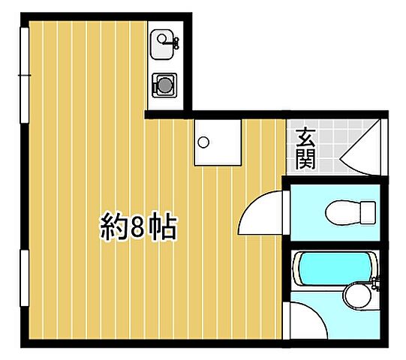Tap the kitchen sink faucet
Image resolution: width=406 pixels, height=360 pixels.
pyautogui.click(x=174, y=42)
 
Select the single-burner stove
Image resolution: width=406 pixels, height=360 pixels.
pyautogui.click(x=164, y=85)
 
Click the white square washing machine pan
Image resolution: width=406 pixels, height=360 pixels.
pyautogui.click(x=218, y=142)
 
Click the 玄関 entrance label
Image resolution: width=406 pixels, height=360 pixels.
pyautogui.click(x=305, y=148)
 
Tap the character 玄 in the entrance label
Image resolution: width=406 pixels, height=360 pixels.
pyautogui.click(x=305, y=138)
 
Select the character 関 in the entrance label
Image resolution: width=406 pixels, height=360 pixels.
pyautogui.click(x=305, y=159)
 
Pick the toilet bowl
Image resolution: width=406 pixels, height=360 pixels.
pyautogui.click(x=342, y=211)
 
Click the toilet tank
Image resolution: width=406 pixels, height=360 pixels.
pyautogui.click(x=367, y=211)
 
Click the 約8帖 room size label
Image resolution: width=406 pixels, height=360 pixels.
pyautogui.click(x=139, y=226)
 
